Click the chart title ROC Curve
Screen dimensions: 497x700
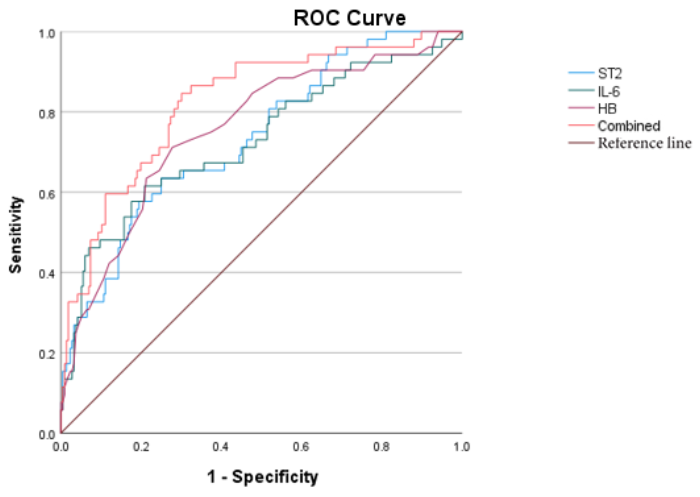point(349,18)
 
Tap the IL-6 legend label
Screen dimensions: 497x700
point(609,91)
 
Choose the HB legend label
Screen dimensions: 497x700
point(607,109)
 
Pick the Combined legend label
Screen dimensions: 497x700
point(629,126)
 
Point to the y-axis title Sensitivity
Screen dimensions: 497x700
point(15,235)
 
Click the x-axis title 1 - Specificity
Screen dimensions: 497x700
point(263,477)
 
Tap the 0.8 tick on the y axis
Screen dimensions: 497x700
point(47,114)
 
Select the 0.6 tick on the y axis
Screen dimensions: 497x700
point(47,194)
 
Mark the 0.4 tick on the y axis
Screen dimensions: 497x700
point(47,274)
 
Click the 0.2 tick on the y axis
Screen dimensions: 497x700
point(47,354)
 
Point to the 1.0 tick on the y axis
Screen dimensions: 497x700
point(47,34)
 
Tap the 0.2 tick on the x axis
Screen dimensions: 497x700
point(141,447)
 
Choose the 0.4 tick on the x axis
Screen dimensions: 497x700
point(221,447)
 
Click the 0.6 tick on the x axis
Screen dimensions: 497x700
point(301,447)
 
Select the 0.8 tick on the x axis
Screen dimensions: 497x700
point(381,447)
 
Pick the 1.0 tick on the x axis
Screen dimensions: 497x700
point(461,447)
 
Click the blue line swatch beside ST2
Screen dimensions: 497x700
point(580,73)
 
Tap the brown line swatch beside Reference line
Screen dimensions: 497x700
point(580,143)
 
